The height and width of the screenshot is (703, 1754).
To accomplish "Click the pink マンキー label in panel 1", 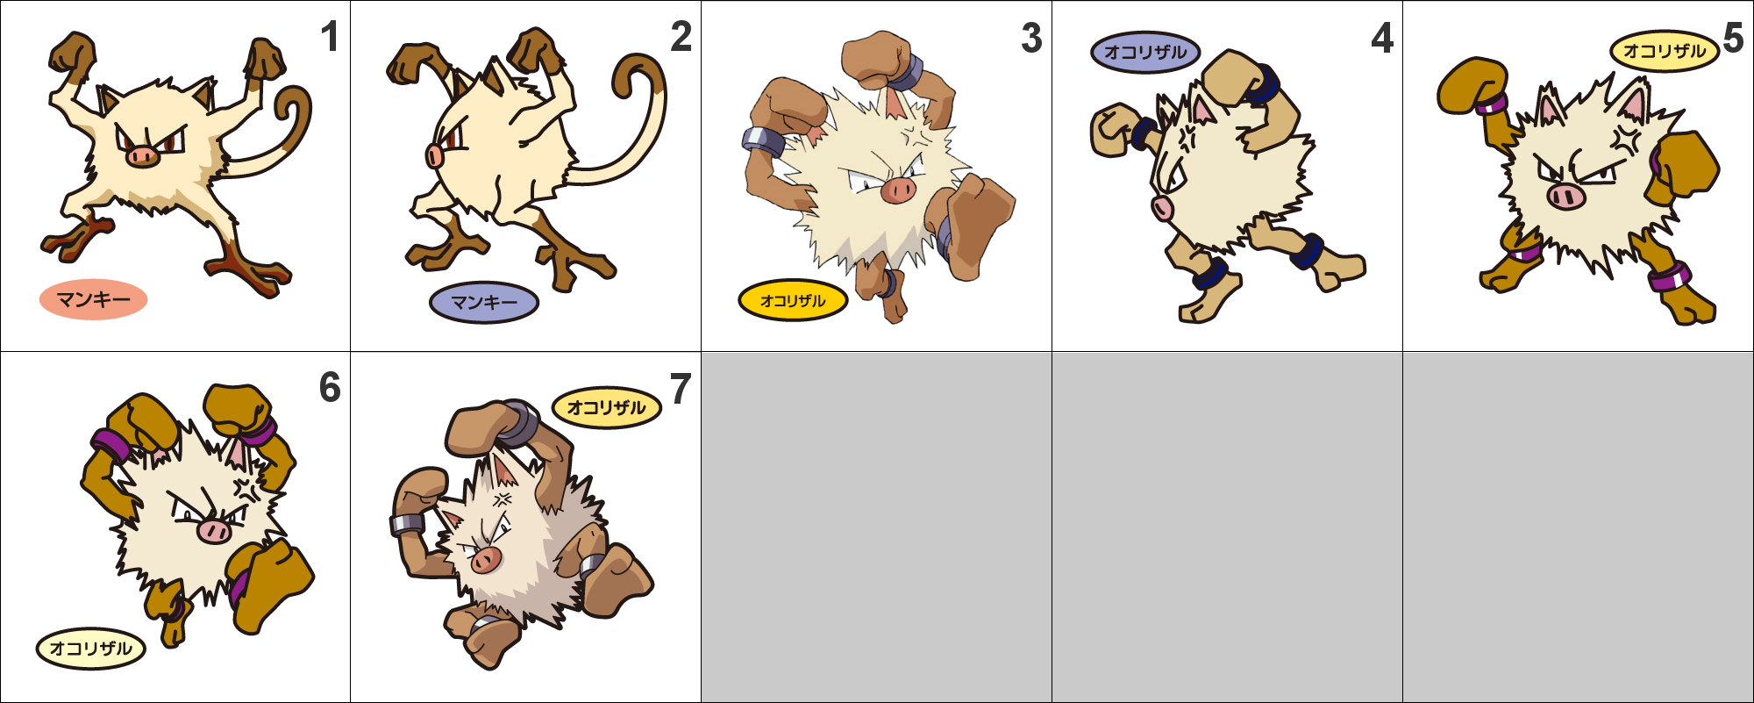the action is [x=93, y=300].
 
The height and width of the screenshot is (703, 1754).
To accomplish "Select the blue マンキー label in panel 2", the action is [x=484, y=303].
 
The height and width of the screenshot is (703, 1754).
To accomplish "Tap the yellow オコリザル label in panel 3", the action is [x=793, y=301].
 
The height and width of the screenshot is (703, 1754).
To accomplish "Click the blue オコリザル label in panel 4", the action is [x=1145, y=52].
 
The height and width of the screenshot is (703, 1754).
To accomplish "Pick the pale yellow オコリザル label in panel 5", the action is [x=1665, y=51].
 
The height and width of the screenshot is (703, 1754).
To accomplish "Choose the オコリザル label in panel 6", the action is [x=90, y=649].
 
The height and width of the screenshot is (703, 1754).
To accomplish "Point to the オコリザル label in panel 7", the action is [x=606, y=408].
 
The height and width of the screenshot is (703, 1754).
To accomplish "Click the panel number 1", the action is [x=330, y=37].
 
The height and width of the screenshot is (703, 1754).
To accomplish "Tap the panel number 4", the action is [x=1382, y=38].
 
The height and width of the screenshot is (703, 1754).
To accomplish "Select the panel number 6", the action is [x=330, y=388].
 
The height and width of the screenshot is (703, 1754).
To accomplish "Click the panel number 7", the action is [x=681, y=389].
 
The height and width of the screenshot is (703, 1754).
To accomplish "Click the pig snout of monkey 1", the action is [x=142, y=156].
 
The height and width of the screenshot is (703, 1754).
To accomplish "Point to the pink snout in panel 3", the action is [x=898, y=189].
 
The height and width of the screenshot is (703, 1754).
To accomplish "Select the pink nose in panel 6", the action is [x=213, y=530].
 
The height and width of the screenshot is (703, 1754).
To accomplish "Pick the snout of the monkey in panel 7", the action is [x=485, y=559].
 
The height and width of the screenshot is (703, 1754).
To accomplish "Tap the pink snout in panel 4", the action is [x=1162, y=208].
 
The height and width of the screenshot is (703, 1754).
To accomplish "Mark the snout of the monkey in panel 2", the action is [x=434, y=156].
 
